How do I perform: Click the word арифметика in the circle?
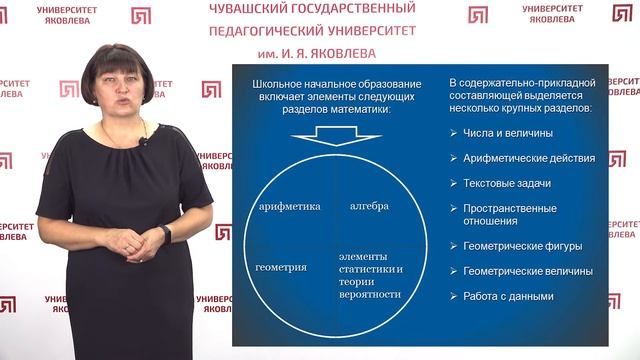click(x=289, y=206)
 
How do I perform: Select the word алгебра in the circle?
click(x=369, y=206)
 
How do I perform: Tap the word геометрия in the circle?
click(x=281, y=268)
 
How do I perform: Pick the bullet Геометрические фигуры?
click(x=522, y=246)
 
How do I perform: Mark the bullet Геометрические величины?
click(x=527, y=271)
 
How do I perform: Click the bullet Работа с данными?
click(x=509, y=296)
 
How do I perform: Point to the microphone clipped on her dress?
click(x=143, y=142)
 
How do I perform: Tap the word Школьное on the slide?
click(x=279, y=84)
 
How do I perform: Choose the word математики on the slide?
click(x=355, y=110)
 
